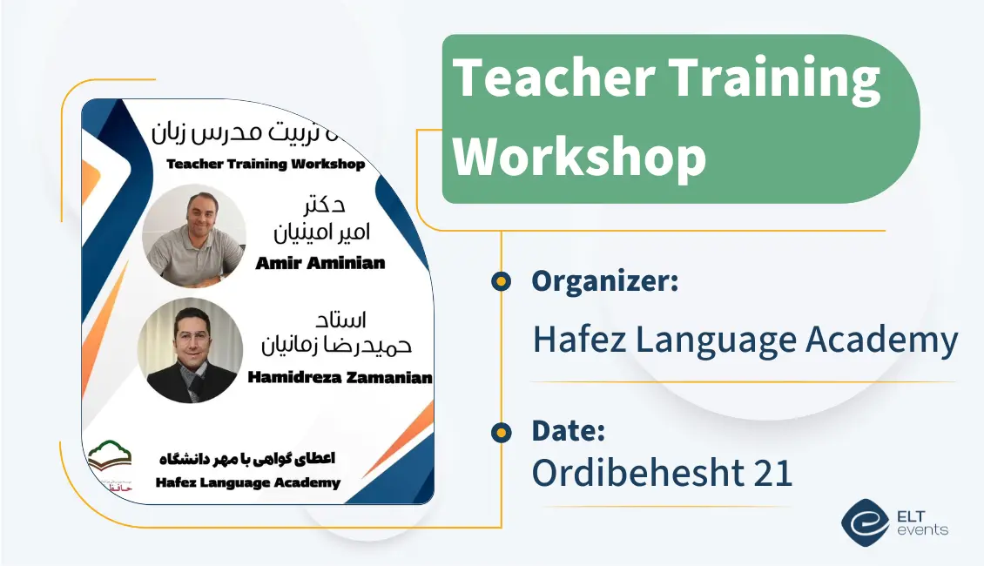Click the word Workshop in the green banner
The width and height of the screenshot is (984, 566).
580,156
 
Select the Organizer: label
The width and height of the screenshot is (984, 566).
604,281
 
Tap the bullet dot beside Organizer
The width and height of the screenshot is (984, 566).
501,281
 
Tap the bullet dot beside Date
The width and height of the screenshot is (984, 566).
501,432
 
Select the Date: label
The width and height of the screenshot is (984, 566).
568,431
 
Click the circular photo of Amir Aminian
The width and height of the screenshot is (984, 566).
194,236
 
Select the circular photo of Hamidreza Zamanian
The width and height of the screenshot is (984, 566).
190,350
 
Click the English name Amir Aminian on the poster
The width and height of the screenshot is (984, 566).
320,263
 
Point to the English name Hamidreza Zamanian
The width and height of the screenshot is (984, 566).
340,377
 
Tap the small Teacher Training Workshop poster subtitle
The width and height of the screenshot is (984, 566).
265,164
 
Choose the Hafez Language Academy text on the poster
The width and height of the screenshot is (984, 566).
248,482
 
